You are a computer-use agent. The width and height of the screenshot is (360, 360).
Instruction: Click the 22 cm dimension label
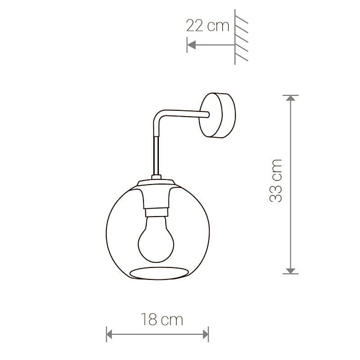coord(207,26)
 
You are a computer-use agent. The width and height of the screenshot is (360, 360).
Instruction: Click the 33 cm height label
coord(275,181)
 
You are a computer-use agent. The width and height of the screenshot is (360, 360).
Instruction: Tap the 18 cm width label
coord(162,319)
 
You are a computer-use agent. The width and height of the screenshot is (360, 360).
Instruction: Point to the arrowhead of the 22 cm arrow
coord(191,45)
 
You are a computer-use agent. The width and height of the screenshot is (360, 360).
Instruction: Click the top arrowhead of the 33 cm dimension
coord(291,98)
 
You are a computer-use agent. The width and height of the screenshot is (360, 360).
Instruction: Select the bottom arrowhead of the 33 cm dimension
coord(291,271)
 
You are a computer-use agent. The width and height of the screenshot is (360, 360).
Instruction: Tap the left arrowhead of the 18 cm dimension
coord(109,334)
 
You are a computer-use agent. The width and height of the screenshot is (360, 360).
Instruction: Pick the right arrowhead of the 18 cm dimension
coord(206,334)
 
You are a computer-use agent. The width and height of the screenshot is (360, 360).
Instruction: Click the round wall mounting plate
coord(217,115)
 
